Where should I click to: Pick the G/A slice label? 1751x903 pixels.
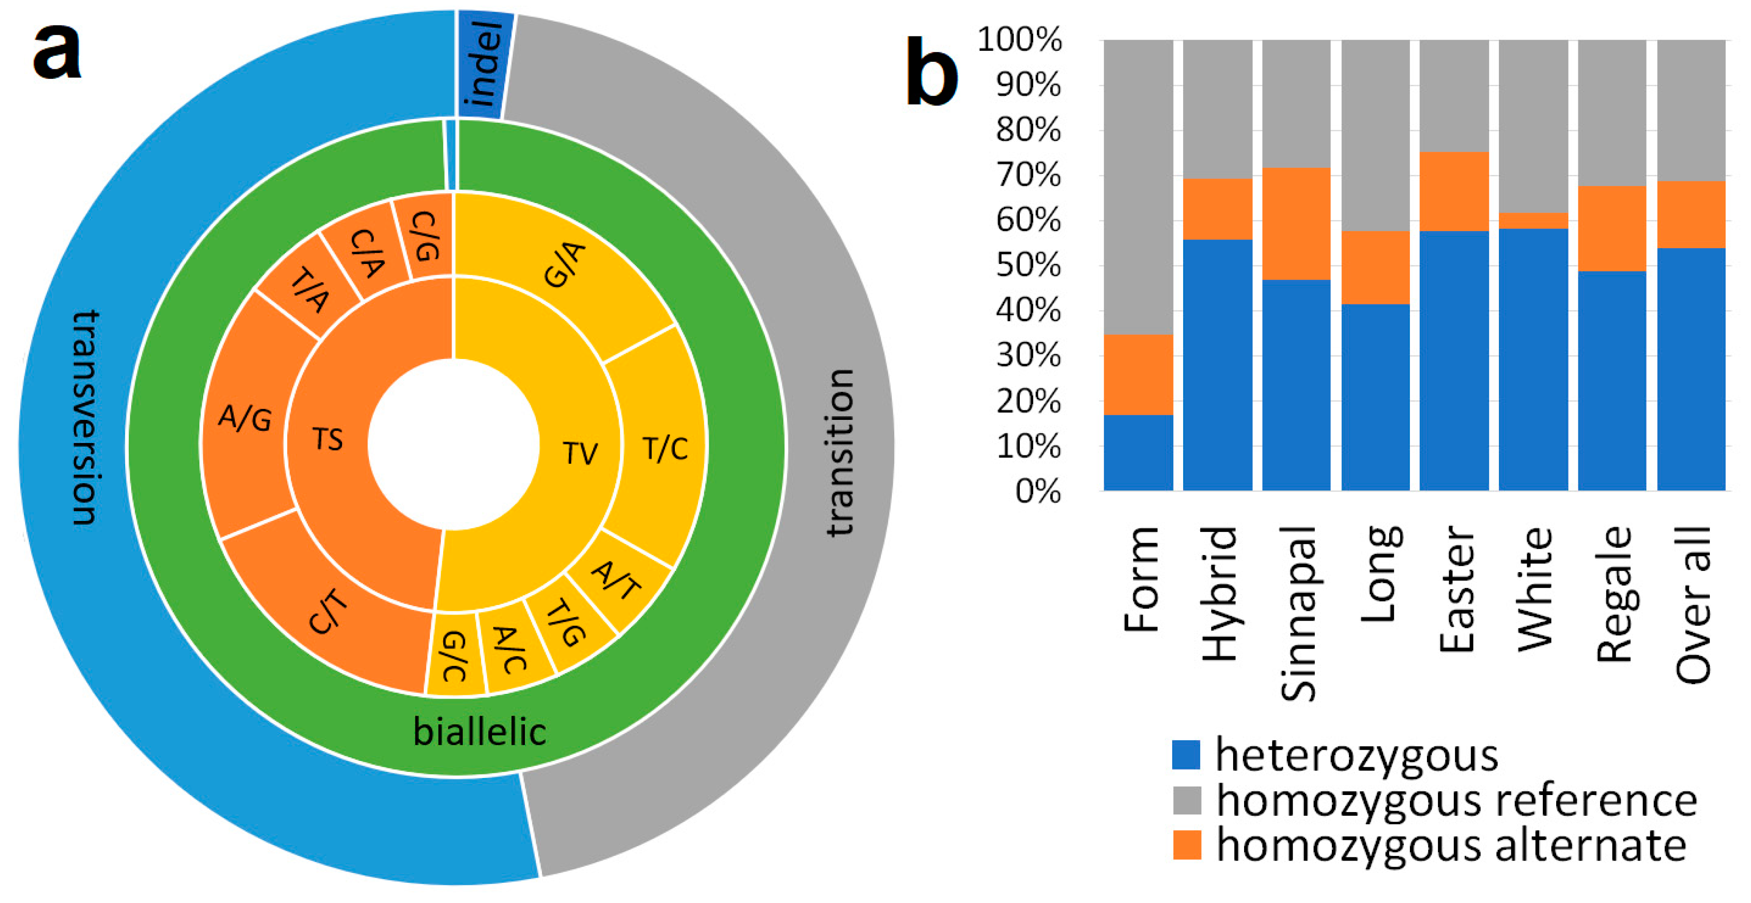(x=564, y=265)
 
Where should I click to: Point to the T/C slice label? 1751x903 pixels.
(x=665, y=449)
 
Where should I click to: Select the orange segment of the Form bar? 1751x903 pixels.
(x=1138, y=374)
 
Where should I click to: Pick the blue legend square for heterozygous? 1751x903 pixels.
(x=1186, y=755)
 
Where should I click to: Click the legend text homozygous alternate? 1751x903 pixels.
(x=1451, y=845)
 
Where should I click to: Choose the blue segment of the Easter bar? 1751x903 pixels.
(x=1454, y=360)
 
